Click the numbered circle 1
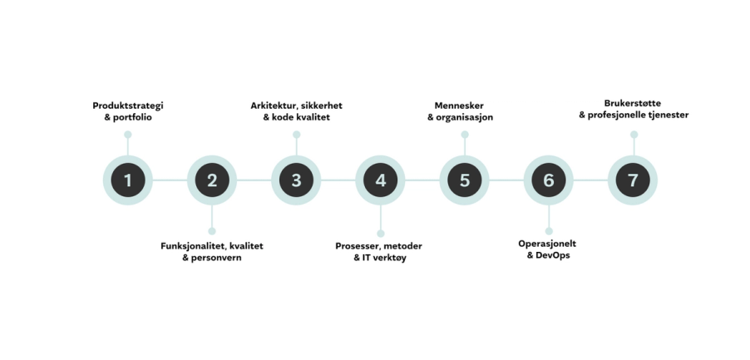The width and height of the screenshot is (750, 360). (127, 180)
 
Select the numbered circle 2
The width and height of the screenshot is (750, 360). (212, 180)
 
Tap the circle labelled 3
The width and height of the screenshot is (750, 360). (296, 180)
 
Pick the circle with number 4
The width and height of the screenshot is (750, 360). (380, 180)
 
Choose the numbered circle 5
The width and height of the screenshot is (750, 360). (465, 180)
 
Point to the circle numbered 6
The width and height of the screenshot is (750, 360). (549, 180)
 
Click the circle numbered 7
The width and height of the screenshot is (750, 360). (633, 180)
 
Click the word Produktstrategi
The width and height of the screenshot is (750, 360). (128, 106)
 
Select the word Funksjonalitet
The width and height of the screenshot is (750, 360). (194, 245)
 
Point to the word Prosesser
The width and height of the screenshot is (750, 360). (360, 245)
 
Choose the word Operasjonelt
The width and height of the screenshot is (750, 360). (547, 244)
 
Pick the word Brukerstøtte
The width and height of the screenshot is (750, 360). (634, 104)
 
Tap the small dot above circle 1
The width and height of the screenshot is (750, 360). (128, 135)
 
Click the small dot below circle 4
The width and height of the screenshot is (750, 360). (380, 232)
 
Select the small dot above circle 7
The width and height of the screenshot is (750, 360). (634, 135)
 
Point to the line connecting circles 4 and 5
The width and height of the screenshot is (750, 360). (422, 180)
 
